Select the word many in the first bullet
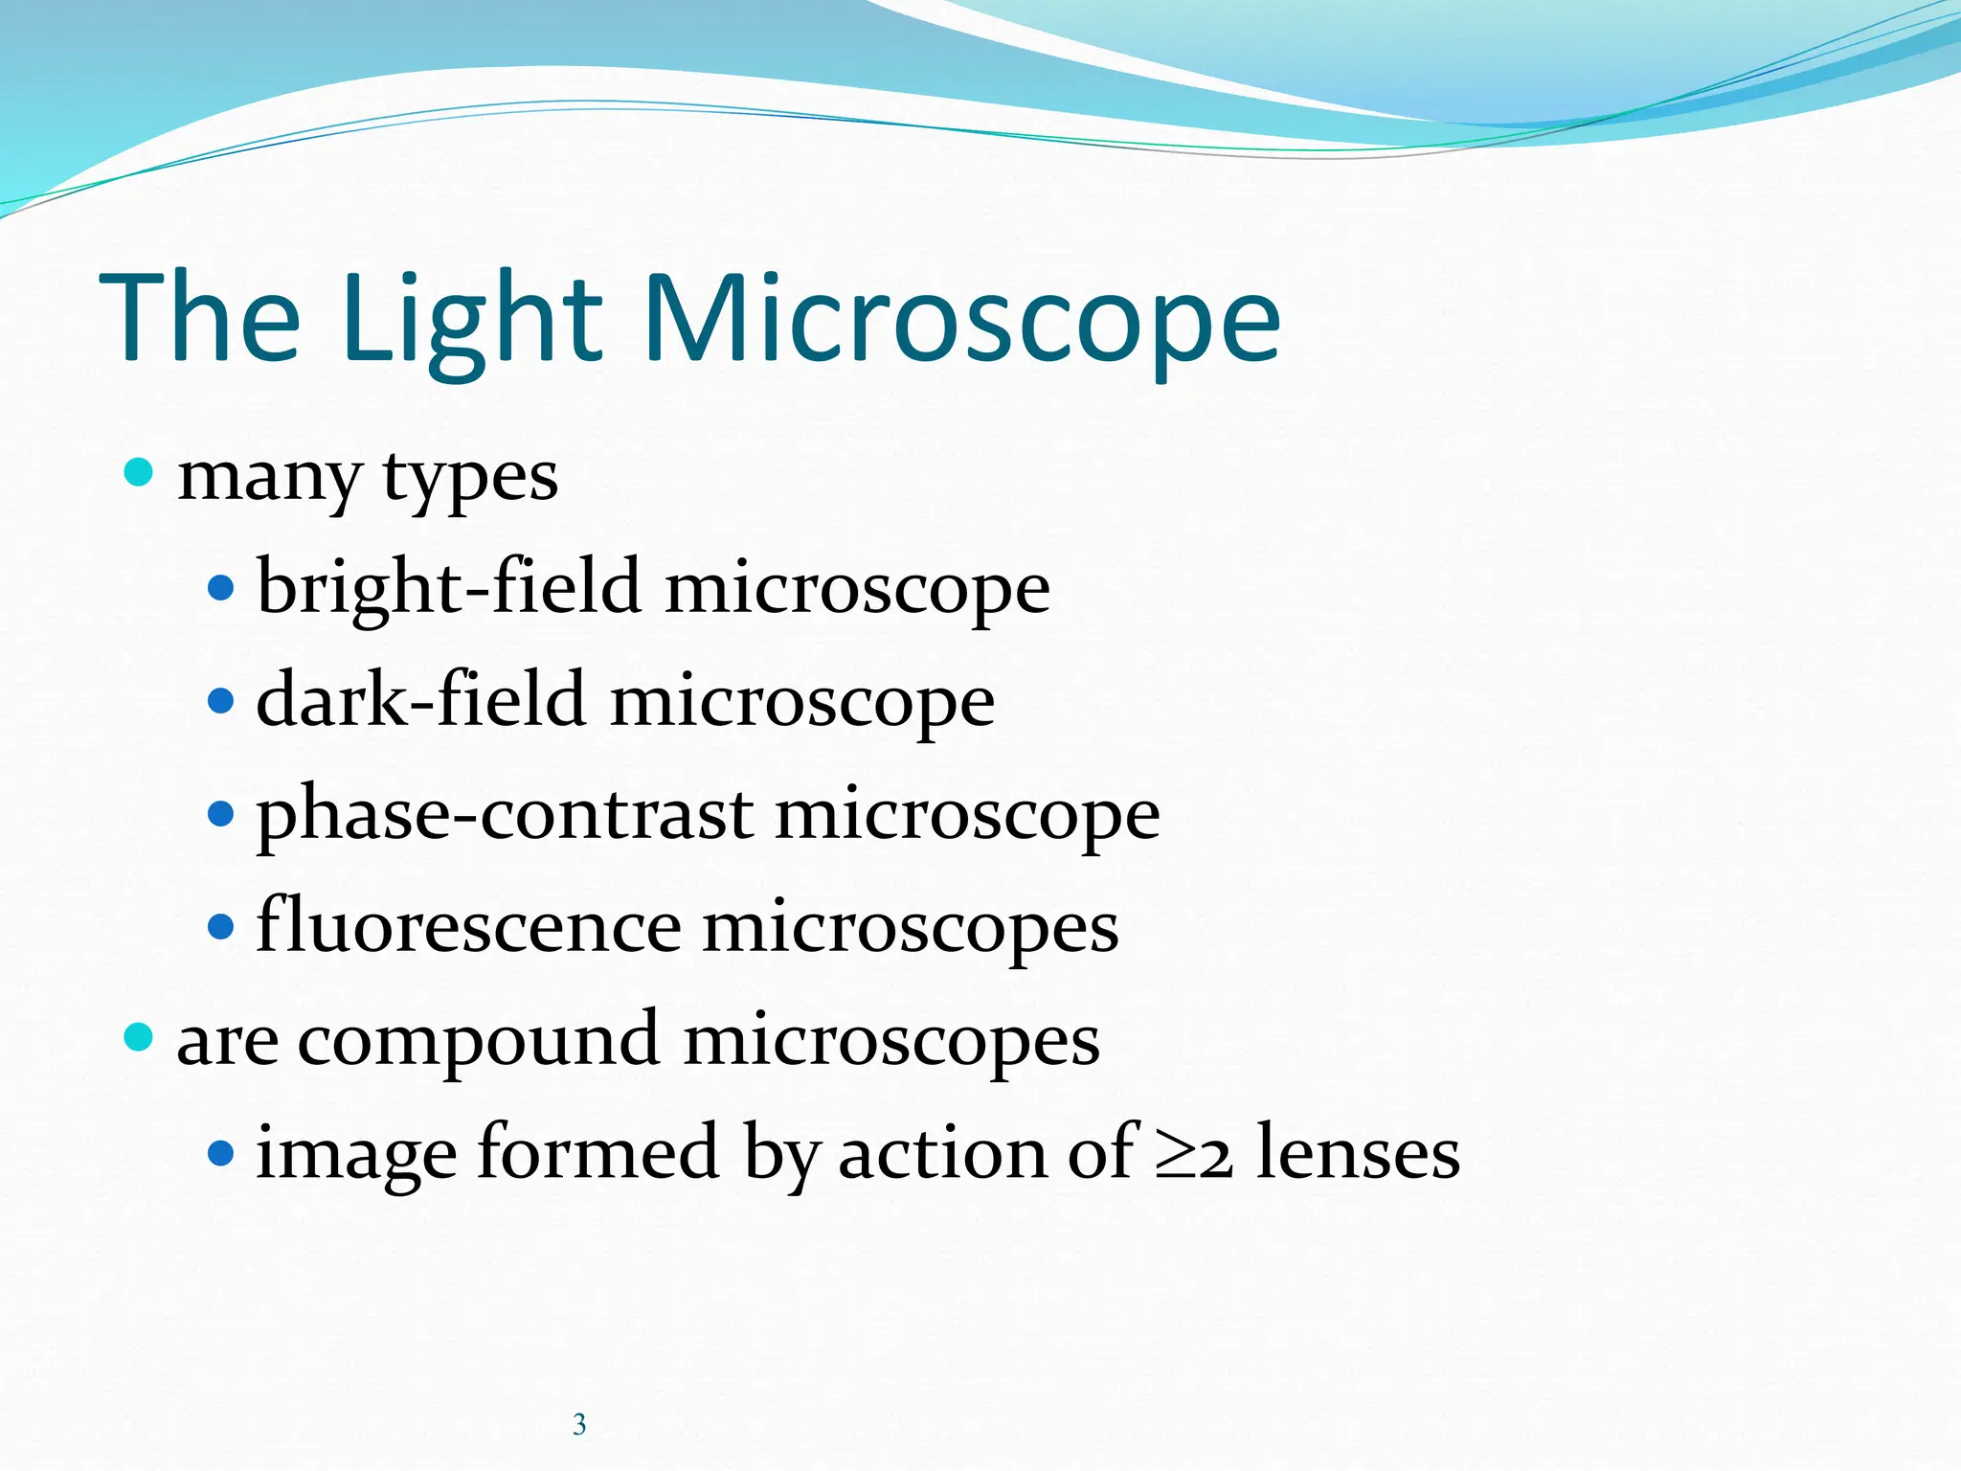click(270, 476)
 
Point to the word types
click(470, 476)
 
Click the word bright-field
click(448, 587)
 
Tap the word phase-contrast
click(504, 813)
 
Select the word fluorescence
click(468, 926)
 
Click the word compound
click(478, 1039)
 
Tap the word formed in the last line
click(597, 1152)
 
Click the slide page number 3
click(579, 1424)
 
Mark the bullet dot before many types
click(139, 472)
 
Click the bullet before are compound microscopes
click(139, 1036)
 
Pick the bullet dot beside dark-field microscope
click(220, 700)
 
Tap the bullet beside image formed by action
click(220, 1152)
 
